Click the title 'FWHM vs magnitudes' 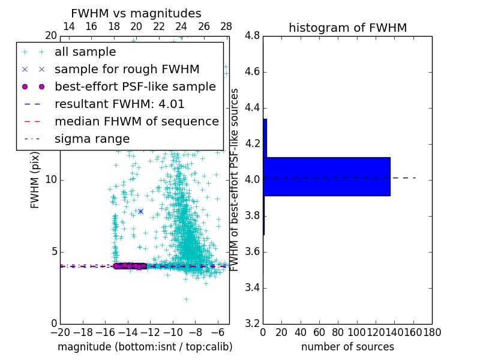pyautogui.click(x=136, y=13)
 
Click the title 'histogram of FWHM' pyautogui.click(x=347, y=28)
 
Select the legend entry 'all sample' pyautogui.click(x=85, y=52)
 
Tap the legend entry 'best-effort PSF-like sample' pyautogui.click(x=135, y=87)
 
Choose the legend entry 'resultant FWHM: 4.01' pyautogui.click(x=119, y=104)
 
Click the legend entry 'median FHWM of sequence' pyautogui.click(x=136, y=122)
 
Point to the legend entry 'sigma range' pyautogui.click(x=92, y=139)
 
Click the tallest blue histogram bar pyautogui.click(x=326, y=176)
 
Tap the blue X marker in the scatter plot pyautogui.click(x=140, y=211)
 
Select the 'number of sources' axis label pyautogui.click(x=347, y=347)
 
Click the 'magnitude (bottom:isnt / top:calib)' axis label pyautogui.click(x=145, y=347)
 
